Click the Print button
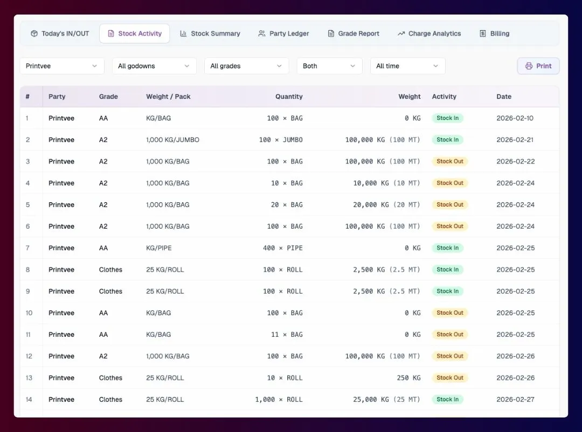[538, 66]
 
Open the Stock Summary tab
[210, 34]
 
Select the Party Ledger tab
[283, 34]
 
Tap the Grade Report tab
[354, 34]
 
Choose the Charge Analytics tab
[429, 34]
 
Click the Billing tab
[494, 34]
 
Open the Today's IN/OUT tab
[60, 34]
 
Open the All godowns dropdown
[154, 66]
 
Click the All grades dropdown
[246, 66]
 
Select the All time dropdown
[407, 66]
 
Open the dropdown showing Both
[329, 66]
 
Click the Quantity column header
[289, 97]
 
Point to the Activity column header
[444, 97]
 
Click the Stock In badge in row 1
[447, 118]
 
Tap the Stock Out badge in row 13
[450, 378]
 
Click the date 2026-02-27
[515, 399]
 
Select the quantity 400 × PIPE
[282, 248]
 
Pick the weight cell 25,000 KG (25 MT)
[386, 399]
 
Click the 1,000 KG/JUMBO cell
[172, 140]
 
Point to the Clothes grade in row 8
[110, 270]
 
